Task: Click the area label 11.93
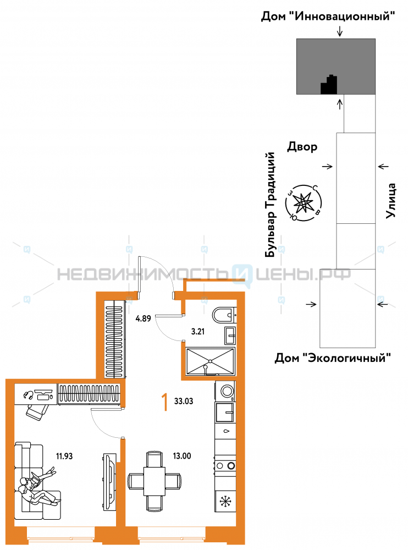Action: click(x=64, y=456)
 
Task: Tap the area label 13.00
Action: click(x=181, y=456)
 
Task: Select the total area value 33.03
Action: click(x=184, y=401)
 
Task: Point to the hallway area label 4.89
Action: click(x=143, y=318)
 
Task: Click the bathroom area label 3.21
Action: click(x=198, y=332)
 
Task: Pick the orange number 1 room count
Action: click(x=164, y=402)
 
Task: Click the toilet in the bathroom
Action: click(x=224, y=315)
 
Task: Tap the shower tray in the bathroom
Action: click(x=210, y=361)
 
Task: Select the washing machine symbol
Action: click(x=225, y=391)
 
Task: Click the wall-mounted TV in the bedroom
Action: click(x=109, y=482)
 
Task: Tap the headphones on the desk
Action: click(x=29, y=395)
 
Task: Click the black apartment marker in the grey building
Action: click(x=329, y=85)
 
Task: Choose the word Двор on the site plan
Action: click(x=302, y=146)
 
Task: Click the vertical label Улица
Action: click(x=391, y=201)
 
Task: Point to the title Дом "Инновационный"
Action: click(x=328, y=16)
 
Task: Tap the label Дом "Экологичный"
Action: click(x=333, y=358)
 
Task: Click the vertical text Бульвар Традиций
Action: click(x=270, y=205)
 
